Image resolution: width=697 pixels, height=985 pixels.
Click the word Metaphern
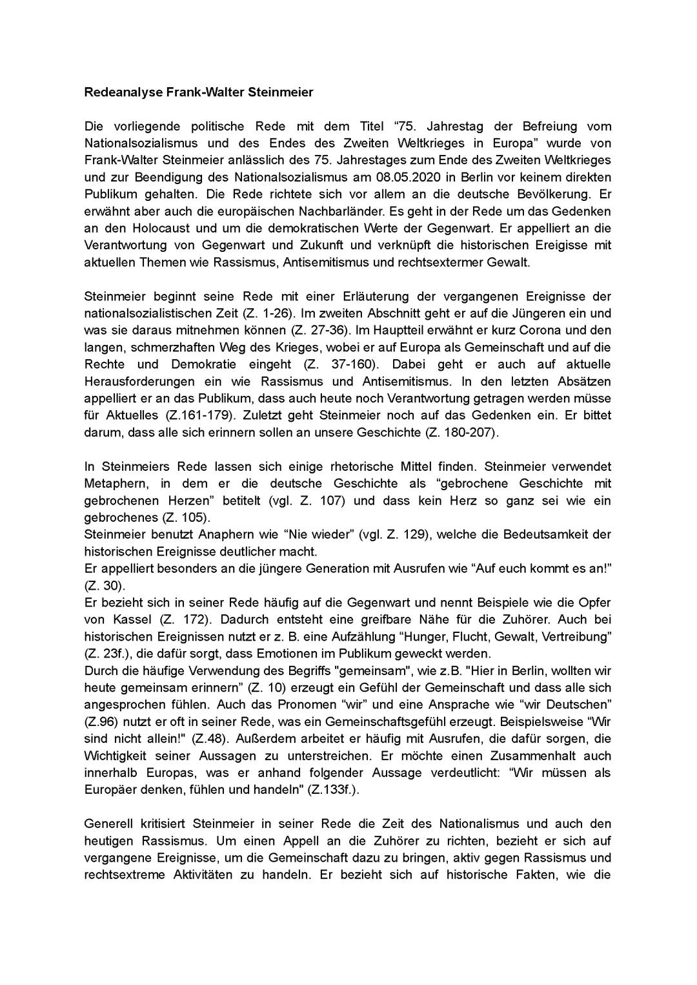tap(113, 483)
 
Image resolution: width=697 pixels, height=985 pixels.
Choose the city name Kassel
tap(125, 619)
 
